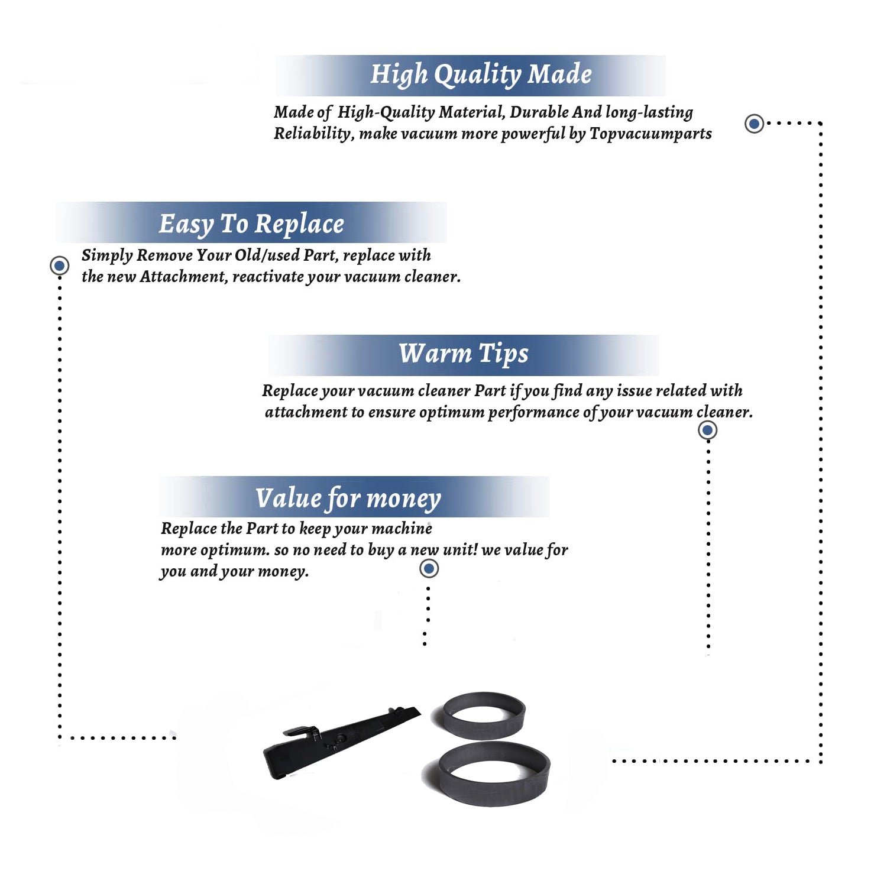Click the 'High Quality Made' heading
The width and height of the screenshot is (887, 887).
tap(481, 75)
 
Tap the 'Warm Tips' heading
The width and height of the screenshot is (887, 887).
tap(464, 354)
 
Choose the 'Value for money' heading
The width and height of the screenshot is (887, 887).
tap(348, 498)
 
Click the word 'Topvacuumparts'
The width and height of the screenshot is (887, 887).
tap(650, 134)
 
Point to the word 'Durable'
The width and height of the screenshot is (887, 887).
tap(539, 112)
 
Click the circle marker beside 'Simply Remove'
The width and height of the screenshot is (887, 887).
tap(59, 266)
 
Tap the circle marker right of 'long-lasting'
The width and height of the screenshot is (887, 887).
tap(754, 124)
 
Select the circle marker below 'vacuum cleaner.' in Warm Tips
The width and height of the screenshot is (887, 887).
tap(708, 430)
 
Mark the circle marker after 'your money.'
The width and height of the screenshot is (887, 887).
tap(429, 569)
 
